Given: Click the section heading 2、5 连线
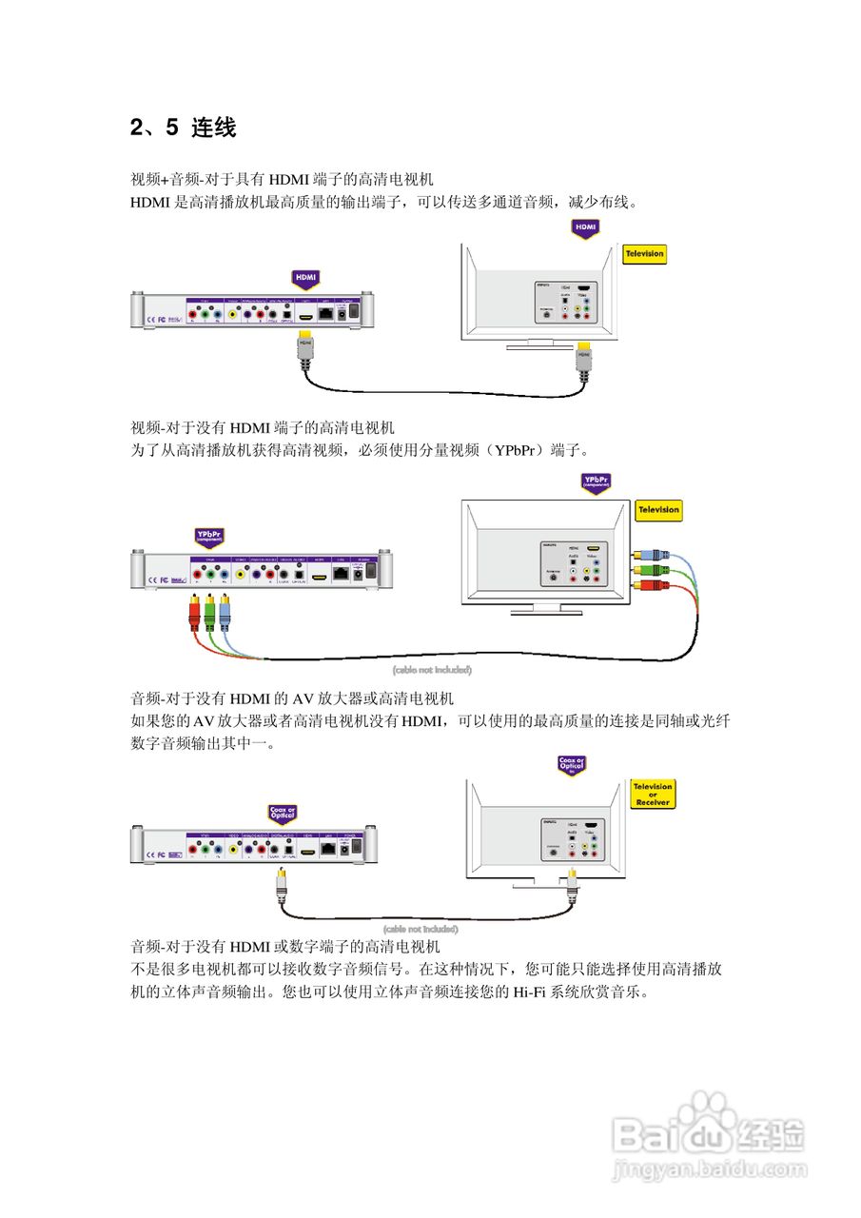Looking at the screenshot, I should [183, 128].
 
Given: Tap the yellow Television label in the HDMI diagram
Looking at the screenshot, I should [644, 254].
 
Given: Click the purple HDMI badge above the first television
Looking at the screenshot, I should [585, 228].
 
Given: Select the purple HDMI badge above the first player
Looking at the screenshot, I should [305, 279].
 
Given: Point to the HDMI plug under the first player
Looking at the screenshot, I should [305, 345].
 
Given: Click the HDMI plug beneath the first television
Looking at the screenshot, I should [585, 360].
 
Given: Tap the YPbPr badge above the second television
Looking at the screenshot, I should [597, 483].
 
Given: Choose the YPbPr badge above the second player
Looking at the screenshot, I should [208, 538].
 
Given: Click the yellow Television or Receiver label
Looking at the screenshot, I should [653, 795].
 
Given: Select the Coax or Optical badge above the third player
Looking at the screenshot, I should [283, 815].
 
